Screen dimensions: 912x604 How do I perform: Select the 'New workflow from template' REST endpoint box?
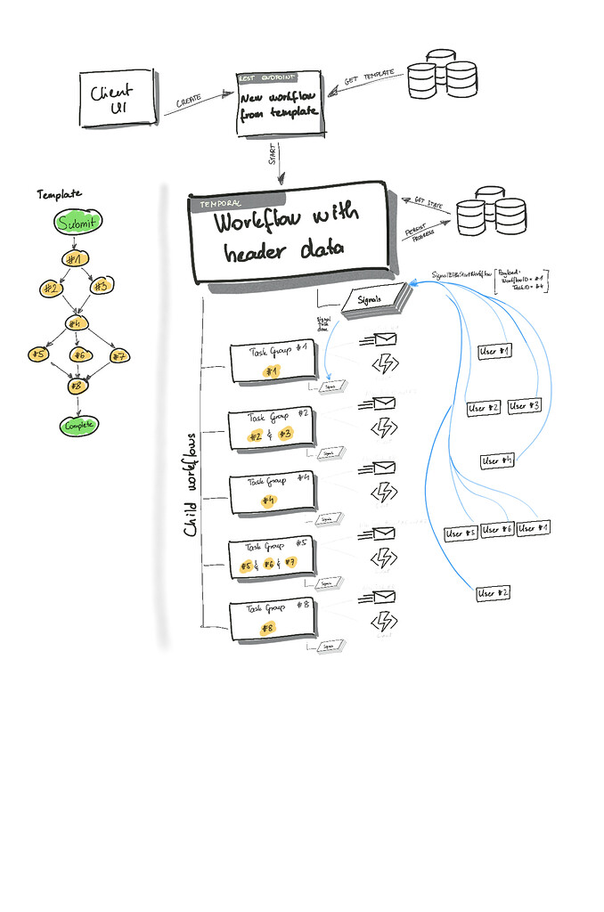[278, 105]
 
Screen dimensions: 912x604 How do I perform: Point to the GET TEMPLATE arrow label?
[368, 80]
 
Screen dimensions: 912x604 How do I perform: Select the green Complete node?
[78, 426]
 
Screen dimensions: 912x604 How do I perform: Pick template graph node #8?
[78, 387]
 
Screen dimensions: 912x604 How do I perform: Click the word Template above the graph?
[59, 193]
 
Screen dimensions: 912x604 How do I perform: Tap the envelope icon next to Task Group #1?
[383, 339]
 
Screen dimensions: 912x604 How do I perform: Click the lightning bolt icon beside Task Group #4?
[385, 493]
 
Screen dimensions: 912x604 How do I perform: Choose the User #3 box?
[524, 406]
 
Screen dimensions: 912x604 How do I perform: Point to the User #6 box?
[497, 530]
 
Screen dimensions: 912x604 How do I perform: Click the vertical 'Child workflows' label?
[191, 485]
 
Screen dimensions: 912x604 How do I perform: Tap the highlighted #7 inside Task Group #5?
[290, 564]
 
